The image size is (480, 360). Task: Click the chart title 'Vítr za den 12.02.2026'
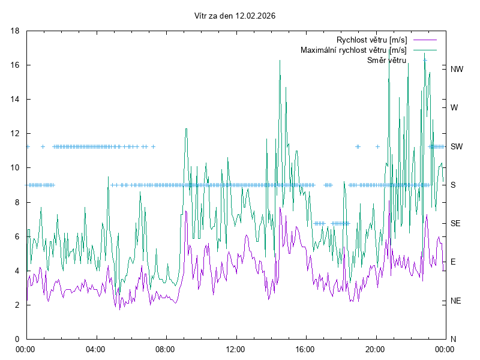235,16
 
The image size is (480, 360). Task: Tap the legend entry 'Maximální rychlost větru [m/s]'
353,50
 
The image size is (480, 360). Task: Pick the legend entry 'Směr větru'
386,60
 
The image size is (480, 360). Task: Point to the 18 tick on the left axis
17,31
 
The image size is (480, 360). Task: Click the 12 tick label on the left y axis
17,133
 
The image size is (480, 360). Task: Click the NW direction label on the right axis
457,69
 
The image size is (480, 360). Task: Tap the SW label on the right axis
457,146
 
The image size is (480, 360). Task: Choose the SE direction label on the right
456,223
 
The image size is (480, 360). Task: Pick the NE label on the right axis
456,301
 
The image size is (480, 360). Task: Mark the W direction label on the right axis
454,107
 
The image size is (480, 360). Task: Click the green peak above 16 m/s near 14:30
280,61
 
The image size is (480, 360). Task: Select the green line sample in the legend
424,50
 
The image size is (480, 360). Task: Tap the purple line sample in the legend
424,40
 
